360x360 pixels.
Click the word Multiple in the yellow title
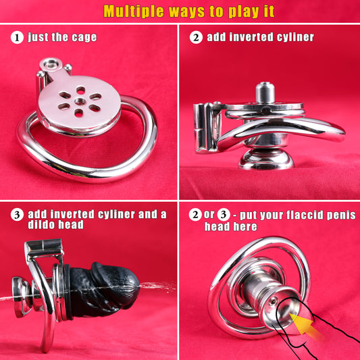(x=134, y=11)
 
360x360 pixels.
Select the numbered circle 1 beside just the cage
(x=17, y=37)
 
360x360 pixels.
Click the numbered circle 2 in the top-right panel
(x=196, y=37)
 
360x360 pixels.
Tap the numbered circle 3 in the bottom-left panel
(x=17, y=215)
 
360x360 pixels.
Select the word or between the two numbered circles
(x=209, y=215)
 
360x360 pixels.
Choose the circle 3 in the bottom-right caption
(x=224, y=214)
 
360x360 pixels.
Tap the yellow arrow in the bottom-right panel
(x=303, y=324)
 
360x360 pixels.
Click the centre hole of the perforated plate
(x=80, y=101)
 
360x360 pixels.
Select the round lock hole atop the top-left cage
(x=51, y=63)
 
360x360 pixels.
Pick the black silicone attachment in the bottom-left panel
(x=102, y=290)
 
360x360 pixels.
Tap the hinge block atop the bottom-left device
(x=44, y=247)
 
